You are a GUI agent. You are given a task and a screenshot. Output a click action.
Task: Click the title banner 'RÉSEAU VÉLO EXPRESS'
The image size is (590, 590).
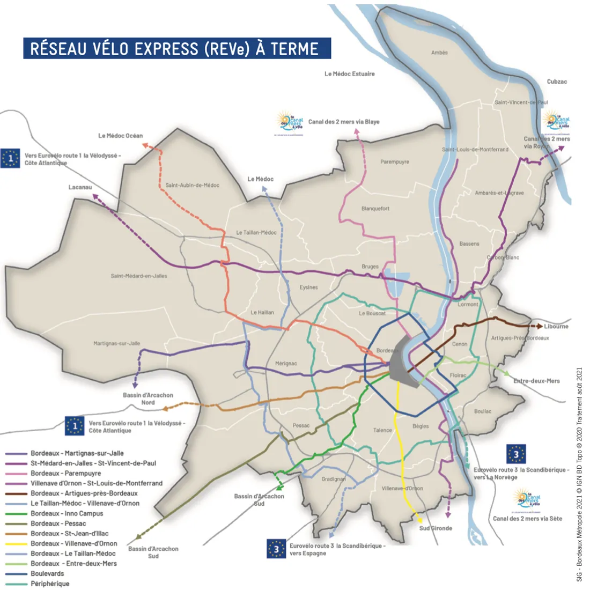pos(176,48)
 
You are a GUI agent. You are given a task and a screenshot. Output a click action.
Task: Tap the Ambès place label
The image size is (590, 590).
pos(439,53)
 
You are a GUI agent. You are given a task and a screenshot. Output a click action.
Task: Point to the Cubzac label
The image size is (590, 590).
pos(557,82)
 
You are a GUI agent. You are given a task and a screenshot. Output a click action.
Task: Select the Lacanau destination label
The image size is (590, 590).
pos(80,187)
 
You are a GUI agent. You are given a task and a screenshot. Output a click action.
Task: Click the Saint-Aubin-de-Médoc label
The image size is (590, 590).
pos(192,185)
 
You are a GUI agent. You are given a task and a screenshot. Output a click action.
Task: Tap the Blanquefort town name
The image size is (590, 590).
pos(375,209)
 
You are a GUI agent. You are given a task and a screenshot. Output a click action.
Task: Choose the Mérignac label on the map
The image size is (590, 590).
pos(285,364)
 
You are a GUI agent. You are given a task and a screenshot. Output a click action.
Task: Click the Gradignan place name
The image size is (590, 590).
pos(333,479)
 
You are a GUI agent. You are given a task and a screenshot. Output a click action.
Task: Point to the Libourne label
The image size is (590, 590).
pos(556,326)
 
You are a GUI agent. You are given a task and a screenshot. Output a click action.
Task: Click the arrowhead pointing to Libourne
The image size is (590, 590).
pos(539,326)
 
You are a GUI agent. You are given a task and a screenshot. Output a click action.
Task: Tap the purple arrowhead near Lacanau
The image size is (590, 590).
pos(95,197)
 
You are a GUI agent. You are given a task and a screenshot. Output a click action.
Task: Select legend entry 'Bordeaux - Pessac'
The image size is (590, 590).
pos(58,523)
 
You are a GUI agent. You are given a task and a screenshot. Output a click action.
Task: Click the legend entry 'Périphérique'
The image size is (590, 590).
pos(50,584)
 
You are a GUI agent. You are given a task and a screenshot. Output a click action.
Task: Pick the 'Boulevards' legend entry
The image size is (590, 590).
pos(47,573)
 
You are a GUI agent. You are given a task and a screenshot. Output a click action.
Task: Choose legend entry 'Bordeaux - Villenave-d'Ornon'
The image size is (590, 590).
pos(73,543)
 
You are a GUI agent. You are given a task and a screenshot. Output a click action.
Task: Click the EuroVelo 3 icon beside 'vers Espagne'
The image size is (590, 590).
pos(276,549)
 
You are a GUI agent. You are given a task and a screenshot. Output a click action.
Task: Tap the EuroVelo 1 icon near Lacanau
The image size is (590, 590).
pos(10,159)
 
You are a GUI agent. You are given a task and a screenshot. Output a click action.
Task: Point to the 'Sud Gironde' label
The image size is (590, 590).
pos(436,528)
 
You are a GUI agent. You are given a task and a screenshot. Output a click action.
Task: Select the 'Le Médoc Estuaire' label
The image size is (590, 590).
pos(349,74)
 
